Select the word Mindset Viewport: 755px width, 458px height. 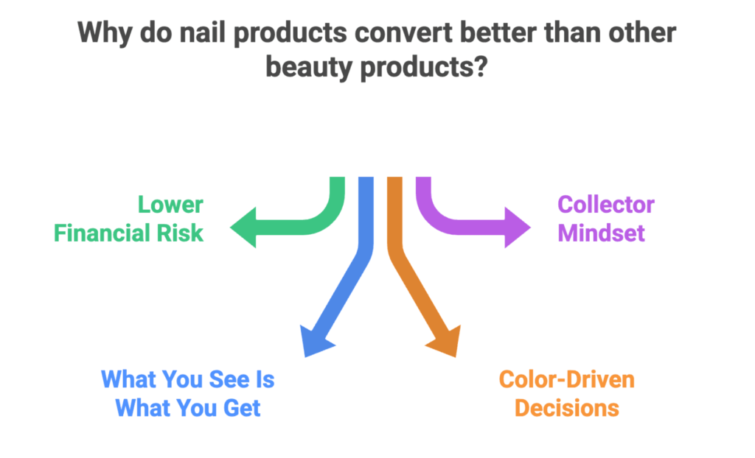pyautogui.click(x=601, y=233)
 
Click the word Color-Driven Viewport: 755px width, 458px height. pyautogui.click(x=566, y=380)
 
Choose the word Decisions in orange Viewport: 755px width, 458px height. pyautogui.click(x=566, y=408)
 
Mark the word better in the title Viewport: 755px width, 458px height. pyautogui.click(x=498, y=33)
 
